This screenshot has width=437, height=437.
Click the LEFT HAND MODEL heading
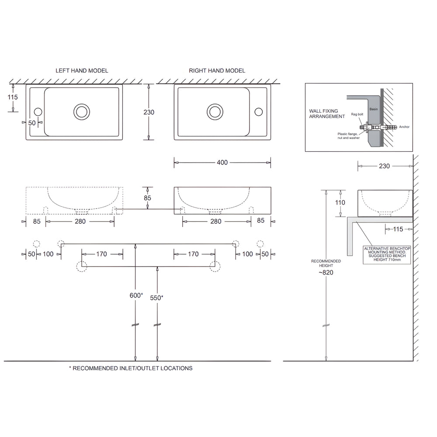(82, 70)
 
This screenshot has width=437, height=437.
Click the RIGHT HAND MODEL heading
(217, 70)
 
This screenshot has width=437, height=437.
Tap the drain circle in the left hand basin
(81, 111)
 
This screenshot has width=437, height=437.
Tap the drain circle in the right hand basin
(215, 111)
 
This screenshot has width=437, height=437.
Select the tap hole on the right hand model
(259, 112)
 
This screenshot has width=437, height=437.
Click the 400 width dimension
(222, 163)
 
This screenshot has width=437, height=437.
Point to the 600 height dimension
(136, 295)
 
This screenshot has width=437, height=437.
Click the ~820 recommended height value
(326, 272)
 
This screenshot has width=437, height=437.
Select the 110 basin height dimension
(340, 203)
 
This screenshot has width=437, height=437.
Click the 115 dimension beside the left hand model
(13, 97)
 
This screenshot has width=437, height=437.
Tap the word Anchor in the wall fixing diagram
(404, 127)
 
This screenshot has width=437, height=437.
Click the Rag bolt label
(357, 114)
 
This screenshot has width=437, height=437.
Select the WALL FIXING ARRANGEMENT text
(327, 114)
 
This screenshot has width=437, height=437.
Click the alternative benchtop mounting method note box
(387, 255)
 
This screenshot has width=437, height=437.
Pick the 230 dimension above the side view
(384, 166)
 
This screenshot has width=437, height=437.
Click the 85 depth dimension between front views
(147, 198)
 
